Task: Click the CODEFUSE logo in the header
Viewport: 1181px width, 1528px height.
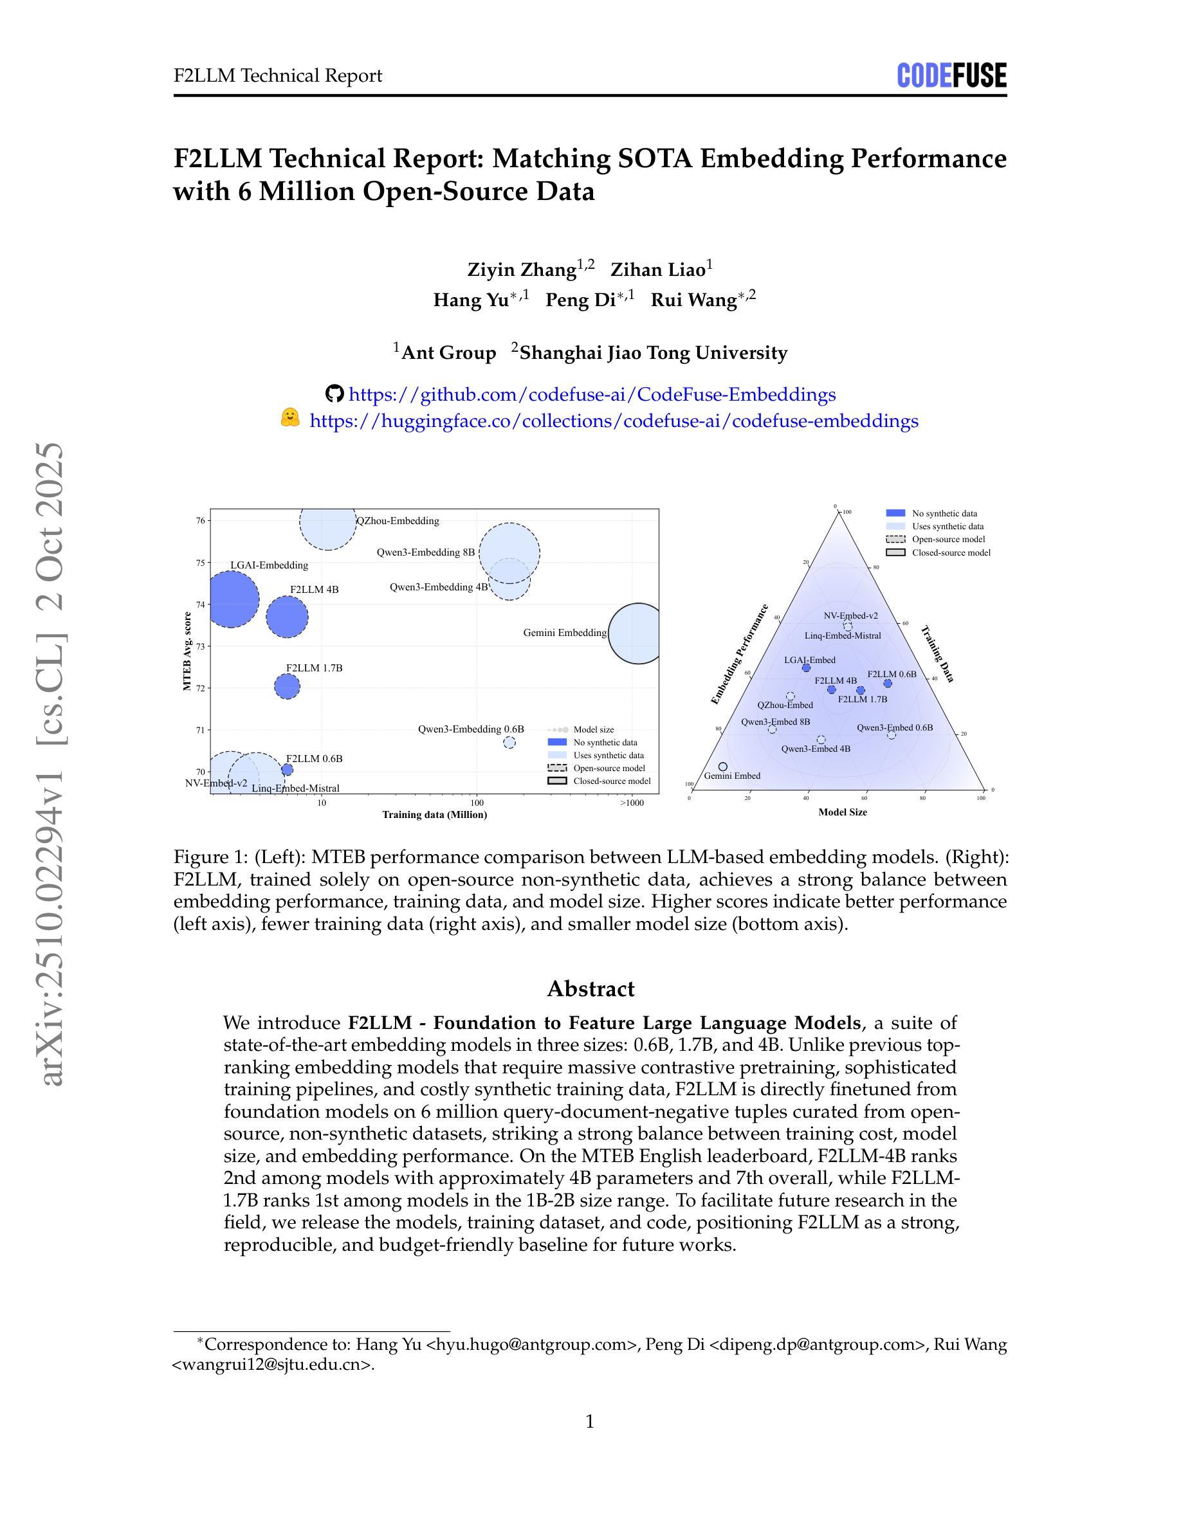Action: tap(951, 75)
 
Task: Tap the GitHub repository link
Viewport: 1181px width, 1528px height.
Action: tap(591, 395)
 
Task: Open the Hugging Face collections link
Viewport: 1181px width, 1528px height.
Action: tap(614, 421)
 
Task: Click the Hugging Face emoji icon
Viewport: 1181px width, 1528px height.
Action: tap(289, 419)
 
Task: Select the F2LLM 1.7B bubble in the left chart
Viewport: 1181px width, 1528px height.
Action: tap(287, 686)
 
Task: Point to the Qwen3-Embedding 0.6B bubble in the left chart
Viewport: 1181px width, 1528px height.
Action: tap(509, 742)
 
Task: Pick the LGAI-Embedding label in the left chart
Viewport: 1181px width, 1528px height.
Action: tap(269, 565)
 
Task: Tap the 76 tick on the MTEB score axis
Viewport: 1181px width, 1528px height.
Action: tap(200, 520)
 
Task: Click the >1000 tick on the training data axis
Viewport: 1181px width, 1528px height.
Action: tap(631, 803)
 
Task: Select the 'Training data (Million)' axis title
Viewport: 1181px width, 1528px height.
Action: tap(434, 814)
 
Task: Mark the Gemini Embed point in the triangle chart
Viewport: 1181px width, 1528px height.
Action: tap(723, 767)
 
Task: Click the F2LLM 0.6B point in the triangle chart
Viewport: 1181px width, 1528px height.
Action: tap(888, 684)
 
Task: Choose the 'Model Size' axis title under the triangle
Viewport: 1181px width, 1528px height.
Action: tap(843, 812)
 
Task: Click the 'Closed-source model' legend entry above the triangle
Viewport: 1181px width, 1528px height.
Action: tap(951, 552)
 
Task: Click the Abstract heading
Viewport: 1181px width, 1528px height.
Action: tap(590, 988)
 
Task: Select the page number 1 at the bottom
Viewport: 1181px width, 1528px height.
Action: tap(590, 1422)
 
